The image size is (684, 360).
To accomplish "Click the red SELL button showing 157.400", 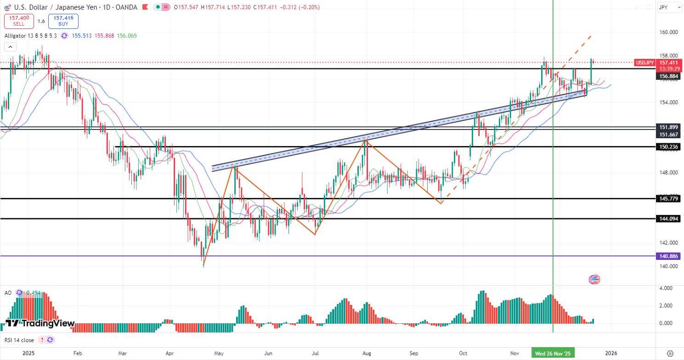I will click(19, 21).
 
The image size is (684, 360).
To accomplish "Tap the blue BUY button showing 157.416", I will click(63, 21).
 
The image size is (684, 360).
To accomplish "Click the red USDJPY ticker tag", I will click(645, 62).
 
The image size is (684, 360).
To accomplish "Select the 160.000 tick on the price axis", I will click(669, 32).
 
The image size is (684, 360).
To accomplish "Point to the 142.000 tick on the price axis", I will click(669, 242).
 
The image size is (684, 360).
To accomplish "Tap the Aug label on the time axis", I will click(366, 353).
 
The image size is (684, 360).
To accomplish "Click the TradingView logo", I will click(40, 323).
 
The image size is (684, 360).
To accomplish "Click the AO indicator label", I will click(8, 292).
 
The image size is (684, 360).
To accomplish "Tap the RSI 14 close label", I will click(19, 340).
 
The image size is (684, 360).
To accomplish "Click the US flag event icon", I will click(594, 279).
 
